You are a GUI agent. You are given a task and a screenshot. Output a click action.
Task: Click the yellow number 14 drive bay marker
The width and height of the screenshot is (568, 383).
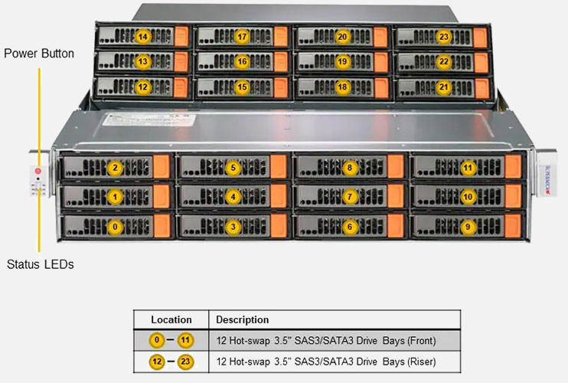point(142,37)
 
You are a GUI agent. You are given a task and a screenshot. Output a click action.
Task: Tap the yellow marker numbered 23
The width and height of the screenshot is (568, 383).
point(444,37)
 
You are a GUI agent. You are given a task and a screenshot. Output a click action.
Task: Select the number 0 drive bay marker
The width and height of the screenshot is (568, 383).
point(115,227)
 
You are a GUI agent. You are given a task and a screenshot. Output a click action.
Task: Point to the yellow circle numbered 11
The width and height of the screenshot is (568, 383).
point(468,167)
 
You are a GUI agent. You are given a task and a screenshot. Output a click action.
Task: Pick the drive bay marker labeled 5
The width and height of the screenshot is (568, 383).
point(233,167)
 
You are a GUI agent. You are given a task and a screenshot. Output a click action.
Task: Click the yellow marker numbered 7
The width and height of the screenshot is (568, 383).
point(350,197)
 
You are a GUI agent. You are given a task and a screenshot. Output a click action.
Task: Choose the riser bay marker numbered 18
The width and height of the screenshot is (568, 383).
point(342,87)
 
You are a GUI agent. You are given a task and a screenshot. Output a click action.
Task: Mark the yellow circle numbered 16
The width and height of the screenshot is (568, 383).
point(242,61)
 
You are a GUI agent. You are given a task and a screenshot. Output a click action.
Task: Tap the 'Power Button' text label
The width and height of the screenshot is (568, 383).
point(39,54)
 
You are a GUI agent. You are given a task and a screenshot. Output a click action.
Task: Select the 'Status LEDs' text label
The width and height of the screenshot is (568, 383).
point(40,265)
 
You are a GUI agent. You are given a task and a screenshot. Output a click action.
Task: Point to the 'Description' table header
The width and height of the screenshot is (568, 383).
point(243,319)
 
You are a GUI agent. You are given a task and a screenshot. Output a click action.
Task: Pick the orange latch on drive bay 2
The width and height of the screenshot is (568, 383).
point(161,168)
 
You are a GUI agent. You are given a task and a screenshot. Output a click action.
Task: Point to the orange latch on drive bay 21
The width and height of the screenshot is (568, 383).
point(480,87)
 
